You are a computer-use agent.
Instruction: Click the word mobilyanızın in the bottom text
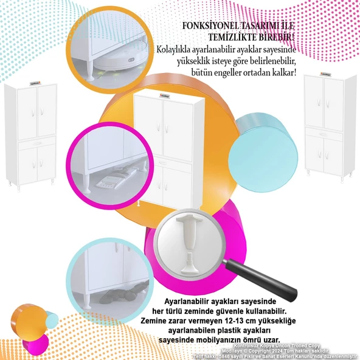228,339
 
